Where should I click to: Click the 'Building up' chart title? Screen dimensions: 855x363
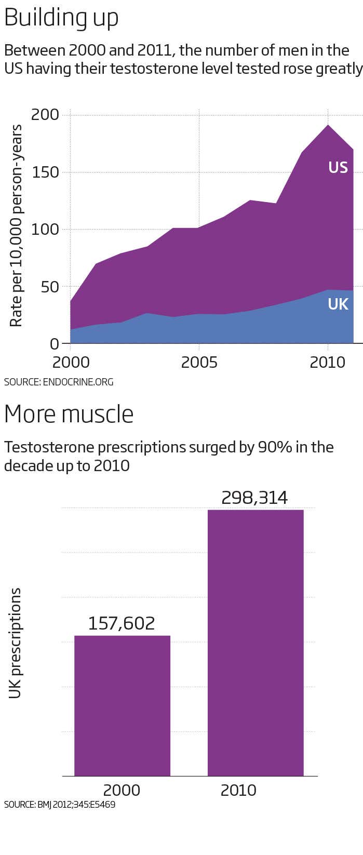coord(61,18)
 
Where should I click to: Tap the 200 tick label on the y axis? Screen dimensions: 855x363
coord(45,114)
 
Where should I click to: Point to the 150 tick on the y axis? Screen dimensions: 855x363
coord(45,172)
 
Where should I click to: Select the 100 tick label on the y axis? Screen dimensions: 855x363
coord(45,229)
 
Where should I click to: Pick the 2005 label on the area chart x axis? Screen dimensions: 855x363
coord(199,362)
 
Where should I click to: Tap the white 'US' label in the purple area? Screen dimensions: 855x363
coord(338,167)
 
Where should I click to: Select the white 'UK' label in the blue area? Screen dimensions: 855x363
coord(338,304)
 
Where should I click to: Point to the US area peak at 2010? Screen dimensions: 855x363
coord(328,125)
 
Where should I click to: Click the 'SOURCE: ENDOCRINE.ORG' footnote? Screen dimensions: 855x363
coord(59,382)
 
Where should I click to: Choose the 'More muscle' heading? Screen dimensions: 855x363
coord(69,414)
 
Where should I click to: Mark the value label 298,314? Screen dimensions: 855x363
coord(254,498)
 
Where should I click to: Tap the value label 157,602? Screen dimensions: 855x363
coord(122,623)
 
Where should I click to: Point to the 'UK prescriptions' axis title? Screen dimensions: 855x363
coord(16,643)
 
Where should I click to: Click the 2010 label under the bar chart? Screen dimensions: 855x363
coord(238,790)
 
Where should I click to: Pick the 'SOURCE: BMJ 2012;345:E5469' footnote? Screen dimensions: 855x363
coord(60,805)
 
